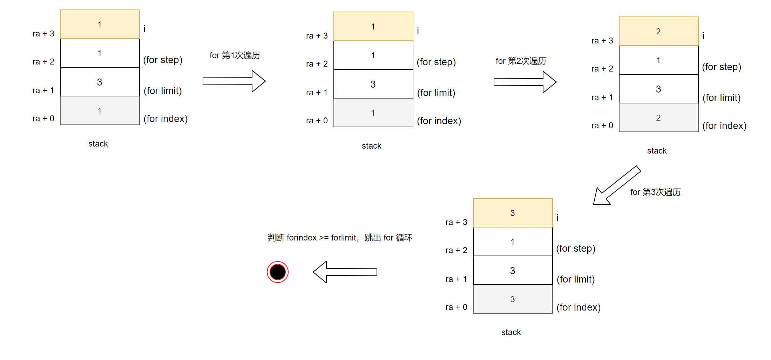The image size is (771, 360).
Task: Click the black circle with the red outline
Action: coord(277,272)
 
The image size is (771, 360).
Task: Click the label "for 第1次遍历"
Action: coord(235,55)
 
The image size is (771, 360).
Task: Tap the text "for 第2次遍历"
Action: coord(521,61)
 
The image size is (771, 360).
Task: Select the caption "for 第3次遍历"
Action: coord(655,192)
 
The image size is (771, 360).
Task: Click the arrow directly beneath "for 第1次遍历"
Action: coord(234,81)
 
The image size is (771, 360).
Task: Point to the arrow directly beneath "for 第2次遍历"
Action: coord(525,82)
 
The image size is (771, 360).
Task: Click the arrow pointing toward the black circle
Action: coord(345,272)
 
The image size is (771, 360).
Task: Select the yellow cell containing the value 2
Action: coord(658,32)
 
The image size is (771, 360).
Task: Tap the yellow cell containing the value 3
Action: coord(513,213)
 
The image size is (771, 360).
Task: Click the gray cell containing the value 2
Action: coord(658,118)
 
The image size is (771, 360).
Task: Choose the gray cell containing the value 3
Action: coord(513,299)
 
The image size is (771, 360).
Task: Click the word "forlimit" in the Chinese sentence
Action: coord(344,238)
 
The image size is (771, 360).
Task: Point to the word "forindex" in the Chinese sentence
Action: coord(302,238)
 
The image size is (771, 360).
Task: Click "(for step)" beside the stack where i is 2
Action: coord(722,67)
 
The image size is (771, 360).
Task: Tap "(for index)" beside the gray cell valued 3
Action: coord(579,307)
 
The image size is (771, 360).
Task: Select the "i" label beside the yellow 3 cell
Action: coord(557,218)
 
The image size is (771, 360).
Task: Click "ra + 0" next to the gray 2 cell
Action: coord(602,125)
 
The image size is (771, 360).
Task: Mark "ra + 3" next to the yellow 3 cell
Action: coord(456,222)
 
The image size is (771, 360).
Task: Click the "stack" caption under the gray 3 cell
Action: coord(511,332)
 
